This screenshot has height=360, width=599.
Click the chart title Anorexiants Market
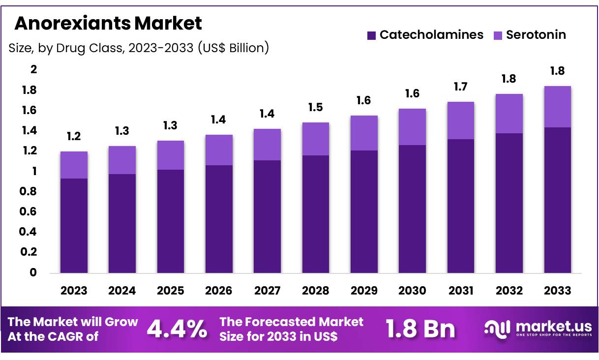pyautogui.click(x=108, y=23)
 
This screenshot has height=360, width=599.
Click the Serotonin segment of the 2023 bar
pyautogui.click(x=74, y=165)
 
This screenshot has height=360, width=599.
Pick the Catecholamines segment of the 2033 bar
pyautogui.click(x=557, y=200)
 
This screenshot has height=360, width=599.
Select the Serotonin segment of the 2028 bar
pyautogui.click(x=316, y=139)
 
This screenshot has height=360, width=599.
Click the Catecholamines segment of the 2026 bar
pyautogui.click(x=219, y=219)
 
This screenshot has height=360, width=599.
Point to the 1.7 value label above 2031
pyautogui.click(x=461, y=87)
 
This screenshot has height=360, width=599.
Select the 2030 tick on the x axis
pyautogui.click(x=412, y=291)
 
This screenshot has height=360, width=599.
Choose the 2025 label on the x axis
pyautogui.click(x=171, y=291)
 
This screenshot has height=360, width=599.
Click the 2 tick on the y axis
pyautogui.click(x=34, y=70)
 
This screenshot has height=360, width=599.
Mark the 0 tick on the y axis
pyautogui.click(x=33, y=272)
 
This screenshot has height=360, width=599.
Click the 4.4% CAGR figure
pyautogui.click(x=177, y=329)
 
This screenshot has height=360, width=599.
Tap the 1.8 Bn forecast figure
pyautogui.click(x=420, y=329)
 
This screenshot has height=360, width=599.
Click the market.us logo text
pyautogui.click(x=553, y=327)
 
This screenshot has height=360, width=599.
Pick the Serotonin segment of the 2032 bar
pyautogui.click(x=509, y=114)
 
